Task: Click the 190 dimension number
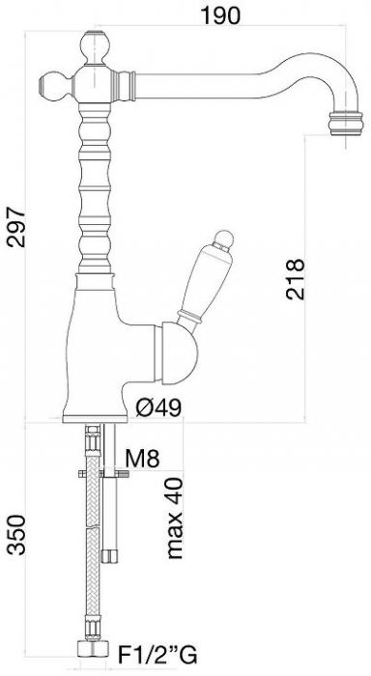click(x=220, y=15)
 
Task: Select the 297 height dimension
click(x=16, y=227)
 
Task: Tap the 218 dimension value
click(x=295, y=279)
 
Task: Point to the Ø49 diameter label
click(x=158, y=408)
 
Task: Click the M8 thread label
click(x=142, y=459)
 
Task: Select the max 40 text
click(x=176, y=519)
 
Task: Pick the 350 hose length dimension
click(x=16, y=535)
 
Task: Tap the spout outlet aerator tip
click(x=346, y=124)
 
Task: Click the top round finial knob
click(x=95, y=47)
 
